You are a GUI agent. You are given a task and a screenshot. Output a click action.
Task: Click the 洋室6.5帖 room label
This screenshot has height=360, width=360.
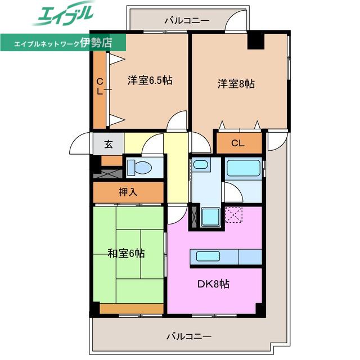[x=150, y=80]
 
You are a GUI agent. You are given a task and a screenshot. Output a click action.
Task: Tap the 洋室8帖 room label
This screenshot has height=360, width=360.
[x=236, y=84]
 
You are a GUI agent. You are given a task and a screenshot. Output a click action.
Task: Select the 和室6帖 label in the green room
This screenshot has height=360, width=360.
[x=126, y=254]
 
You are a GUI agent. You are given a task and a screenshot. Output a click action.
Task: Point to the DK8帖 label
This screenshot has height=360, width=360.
[x=213, y=284]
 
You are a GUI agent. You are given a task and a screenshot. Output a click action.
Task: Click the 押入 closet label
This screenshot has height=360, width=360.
[x=128, y=192]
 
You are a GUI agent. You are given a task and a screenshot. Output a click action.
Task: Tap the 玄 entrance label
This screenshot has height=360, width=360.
[x=109, y=144]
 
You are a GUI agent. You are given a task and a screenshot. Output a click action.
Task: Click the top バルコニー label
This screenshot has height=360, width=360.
[x=187, y=21]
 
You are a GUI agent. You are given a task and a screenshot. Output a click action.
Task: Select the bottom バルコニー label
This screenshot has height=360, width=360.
[x=189, y=337]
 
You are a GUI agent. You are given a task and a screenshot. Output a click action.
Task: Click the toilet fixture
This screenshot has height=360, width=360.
[x=139, y=168]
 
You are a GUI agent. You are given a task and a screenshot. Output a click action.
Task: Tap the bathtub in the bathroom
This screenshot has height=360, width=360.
[x=244, y=168]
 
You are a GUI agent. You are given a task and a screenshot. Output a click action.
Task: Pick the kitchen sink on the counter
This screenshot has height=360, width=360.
[x=208, y=256]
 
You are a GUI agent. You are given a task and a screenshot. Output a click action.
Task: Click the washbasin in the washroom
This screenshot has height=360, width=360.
[x=201, y=164]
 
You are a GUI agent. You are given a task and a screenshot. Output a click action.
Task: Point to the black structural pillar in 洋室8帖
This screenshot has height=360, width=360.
[x=256, y=41]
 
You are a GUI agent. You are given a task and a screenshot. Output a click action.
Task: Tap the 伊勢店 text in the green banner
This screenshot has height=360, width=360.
[x=96, y=43]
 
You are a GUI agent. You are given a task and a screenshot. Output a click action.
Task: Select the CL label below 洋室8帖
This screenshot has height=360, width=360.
[x=237, y=143]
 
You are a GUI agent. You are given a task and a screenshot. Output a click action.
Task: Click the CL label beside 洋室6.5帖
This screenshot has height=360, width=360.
[x=100, y=87]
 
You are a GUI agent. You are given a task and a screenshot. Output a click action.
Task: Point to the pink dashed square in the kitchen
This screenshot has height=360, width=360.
[x=233, y=215]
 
